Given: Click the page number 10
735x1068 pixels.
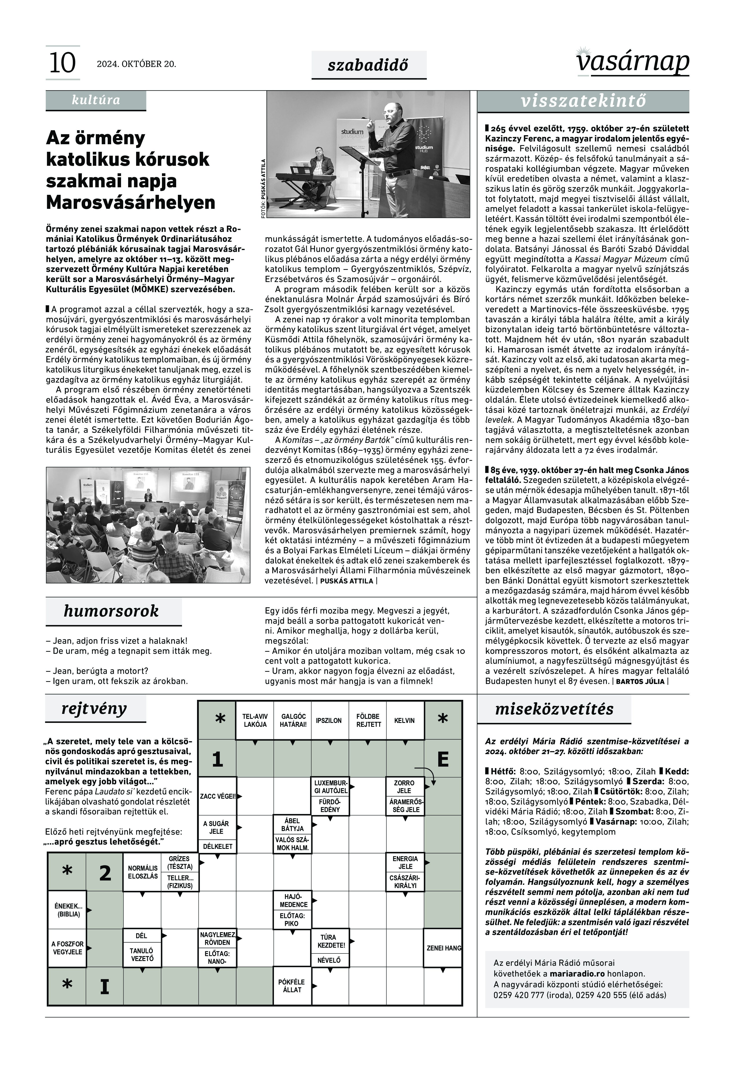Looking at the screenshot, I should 62,63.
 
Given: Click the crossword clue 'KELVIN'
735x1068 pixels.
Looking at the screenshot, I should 404,721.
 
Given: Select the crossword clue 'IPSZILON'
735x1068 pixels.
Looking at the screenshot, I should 329,721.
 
